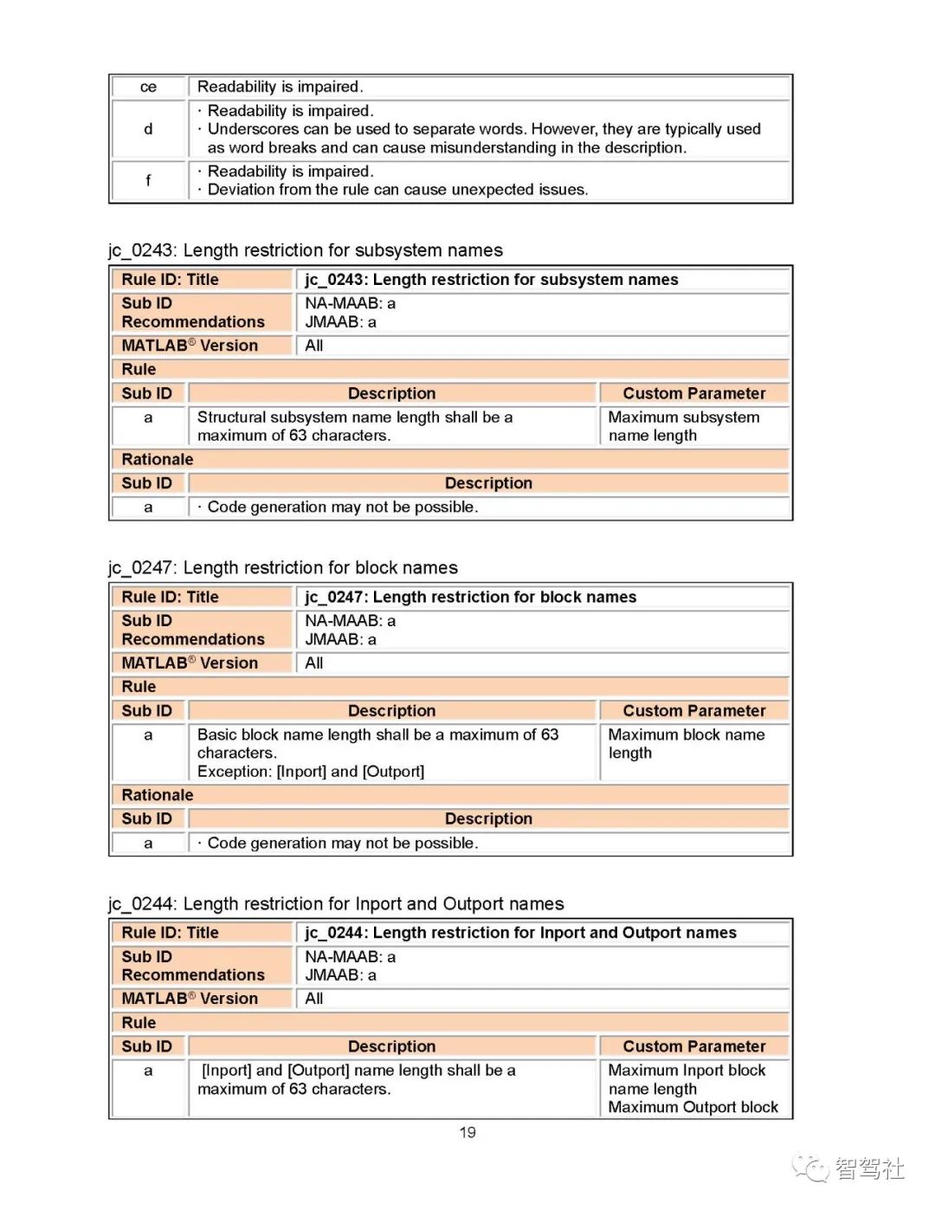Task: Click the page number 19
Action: pyautogui.click(x=467, y=1132)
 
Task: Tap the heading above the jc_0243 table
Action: pyautogui.click(x=305, y=250)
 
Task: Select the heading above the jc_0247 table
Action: pyautogui.click(x=282, y=568)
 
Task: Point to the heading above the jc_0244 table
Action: pyautogui.click(x=336, y=904)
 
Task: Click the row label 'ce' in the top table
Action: pyautogui.click(x=148, y=87)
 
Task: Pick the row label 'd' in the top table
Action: pyautogui.click(x=148, y=129)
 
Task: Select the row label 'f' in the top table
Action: pyautogui.click(x=148, y=180)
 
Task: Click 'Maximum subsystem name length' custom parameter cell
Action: pyautogui.click(x=684, y=426)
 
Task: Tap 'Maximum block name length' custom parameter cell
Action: pyautogui.click(x=687, y=744)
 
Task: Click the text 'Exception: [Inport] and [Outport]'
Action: pyautogui.click(x=311, y=772)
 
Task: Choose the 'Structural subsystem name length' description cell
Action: pyautogui.click(x=355, y=426)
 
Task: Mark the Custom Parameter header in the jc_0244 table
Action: pyautogui.click(x=694, y=1046)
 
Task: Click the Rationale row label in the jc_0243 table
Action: pyautogui.click(x=158, y=459)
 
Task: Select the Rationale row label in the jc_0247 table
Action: pyautogui.click(x=158, y=795)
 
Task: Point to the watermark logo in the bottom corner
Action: pyautogui.click(x=848, y=1168)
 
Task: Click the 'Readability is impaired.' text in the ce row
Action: pyautogui.click(x=280, y=87)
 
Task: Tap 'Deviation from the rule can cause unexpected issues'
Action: pyautogui.click(x=397, y=190)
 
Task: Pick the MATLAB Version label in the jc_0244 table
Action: pyautogui.click(x=190, y=999)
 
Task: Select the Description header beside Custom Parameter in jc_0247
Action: pyautogui.click(x=391, y=711)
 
